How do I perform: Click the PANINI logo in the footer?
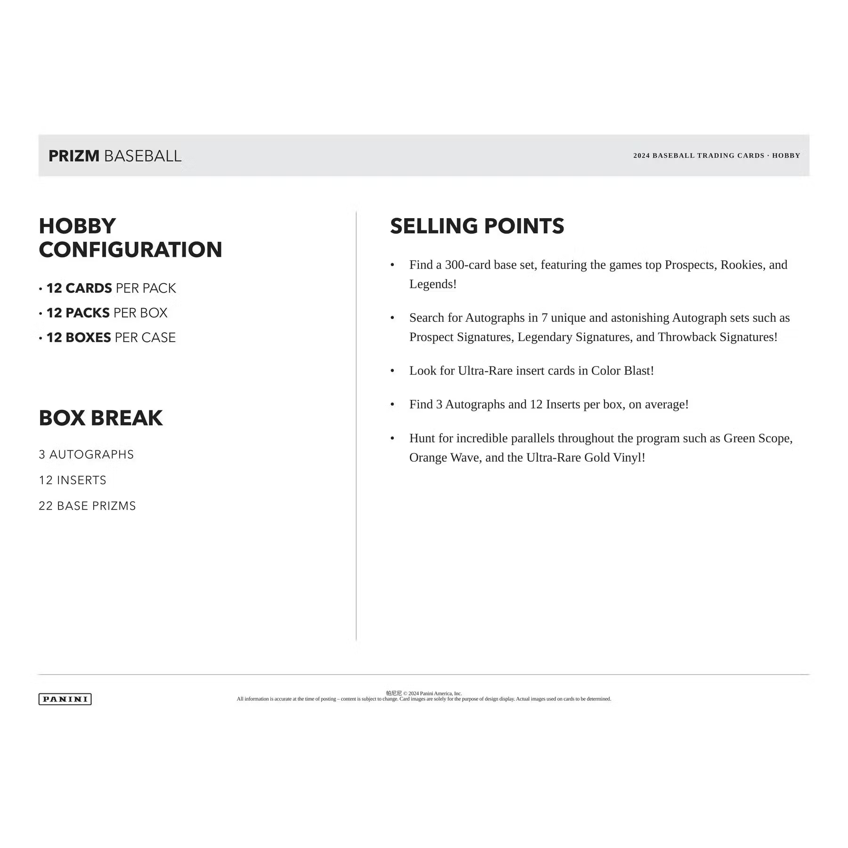point(65,699)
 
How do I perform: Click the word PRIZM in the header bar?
point(74,156)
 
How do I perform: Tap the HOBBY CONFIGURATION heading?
point(130,238)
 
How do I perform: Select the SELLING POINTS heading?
point(477,226)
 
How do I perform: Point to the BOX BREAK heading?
point(100,418)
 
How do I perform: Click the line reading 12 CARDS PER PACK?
point(111,288)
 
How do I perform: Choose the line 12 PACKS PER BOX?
point(106,313)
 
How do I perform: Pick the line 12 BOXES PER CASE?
point(111,337)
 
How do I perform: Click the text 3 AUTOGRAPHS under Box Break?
point(86,455)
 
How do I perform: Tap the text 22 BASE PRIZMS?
point(87,506)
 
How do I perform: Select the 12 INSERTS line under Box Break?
point(73,480)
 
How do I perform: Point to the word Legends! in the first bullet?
point(432,284)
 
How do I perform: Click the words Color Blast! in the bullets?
point(622,371)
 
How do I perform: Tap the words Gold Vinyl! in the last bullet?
point(614,457)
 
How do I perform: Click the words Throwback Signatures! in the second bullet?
point(718,337)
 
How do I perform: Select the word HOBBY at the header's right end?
point(786,155)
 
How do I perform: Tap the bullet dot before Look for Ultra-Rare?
point(392,371)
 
